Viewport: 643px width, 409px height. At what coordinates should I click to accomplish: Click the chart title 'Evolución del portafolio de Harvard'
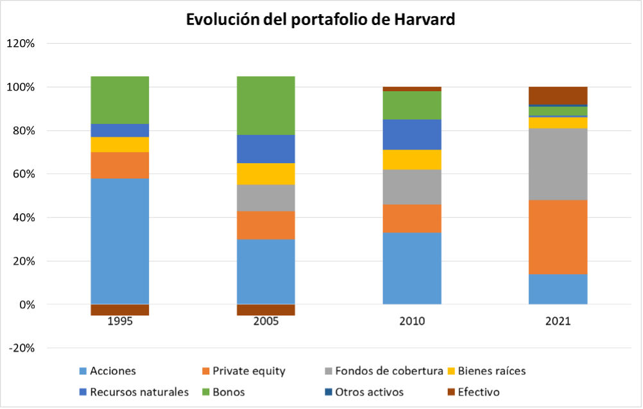pos(320,19)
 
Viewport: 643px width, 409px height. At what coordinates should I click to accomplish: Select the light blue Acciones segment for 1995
pos(120,241)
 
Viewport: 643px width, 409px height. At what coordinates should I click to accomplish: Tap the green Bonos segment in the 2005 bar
pos(266,105)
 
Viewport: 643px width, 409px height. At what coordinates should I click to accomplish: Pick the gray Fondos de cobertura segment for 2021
pos(558,164)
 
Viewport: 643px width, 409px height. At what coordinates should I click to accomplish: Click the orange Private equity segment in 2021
pos(558,237)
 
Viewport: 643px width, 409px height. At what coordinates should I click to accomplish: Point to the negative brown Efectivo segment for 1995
pos(120,310)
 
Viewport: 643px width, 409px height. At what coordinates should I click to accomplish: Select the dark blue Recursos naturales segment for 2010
pos(411,134)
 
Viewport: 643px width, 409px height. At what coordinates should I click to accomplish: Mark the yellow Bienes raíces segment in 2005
pos(266,173)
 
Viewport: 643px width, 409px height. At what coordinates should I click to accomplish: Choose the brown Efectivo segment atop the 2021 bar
pos(558,95)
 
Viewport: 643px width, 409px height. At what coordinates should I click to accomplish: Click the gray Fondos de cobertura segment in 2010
pos(411,187)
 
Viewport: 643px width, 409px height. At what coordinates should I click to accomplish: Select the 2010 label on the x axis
pos(411,321)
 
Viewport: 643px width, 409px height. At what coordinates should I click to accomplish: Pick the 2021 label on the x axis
pos(558,321)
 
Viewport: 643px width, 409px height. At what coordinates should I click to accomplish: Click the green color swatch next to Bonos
pos(207,392)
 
